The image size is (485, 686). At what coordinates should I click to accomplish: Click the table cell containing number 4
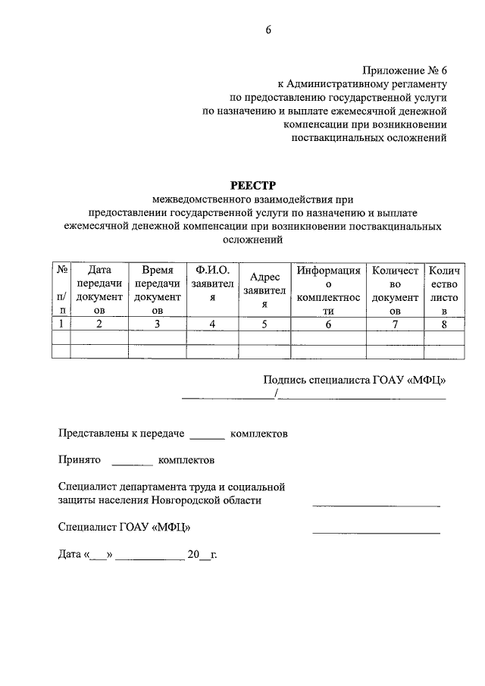point(213,324)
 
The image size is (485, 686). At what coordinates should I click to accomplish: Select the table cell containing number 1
point(61,324)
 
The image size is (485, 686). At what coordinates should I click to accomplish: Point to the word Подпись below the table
point(284,381)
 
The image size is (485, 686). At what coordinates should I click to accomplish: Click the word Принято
point(80,459)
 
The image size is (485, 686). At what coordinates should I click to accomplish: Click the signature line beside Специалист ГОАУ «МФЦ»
point(376,533)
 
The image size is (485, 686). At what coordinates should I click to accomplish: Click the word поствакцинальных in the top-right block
point(330,137)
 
